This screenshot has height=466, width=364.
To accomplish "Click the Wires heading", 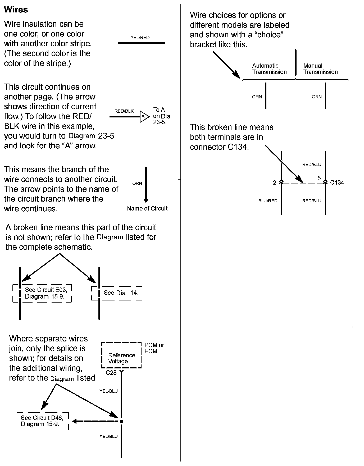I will [16, 10].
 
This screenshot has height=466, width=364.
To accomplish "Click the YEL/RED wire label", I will [140, 38].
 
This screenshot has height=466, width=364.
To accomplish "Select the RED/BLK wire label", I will [124, 111].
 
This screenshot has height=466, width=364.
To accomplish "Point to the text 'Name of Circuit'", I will [147, 208].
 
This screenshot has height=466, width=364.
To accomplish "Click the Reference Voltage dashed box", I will [121, 355].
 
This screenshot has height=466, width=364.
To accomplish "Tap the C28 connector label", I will [111, 373].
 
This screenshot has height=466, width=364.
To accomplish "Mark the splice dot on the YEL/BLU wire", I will [121, 421].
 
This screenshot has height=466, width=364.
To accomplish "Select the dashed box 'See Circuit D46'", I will [43, 421].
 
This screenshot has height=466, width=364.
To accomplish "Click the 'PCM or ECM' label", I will [154, 348].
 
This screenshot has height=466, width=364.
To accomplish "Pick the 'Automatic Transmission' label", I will [269, 69].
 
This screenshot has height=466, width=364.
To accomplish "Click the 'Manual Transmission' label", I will [320, 69].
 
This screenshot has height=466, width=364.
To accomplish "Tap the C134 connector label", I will [337, 182].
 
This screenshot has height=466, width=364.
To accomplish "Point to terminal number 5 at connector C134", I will [319, 179].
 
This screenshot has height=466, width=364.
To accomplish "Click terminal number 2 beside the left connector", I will [275, 182].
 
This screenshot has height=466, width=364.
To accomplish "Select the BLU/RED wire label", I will [268, 201].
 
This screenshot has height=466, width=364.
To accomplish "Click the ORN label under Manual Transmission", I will [317, 97].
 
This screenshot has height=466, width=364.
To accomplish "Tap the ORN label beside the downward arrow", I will [137, 183].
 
